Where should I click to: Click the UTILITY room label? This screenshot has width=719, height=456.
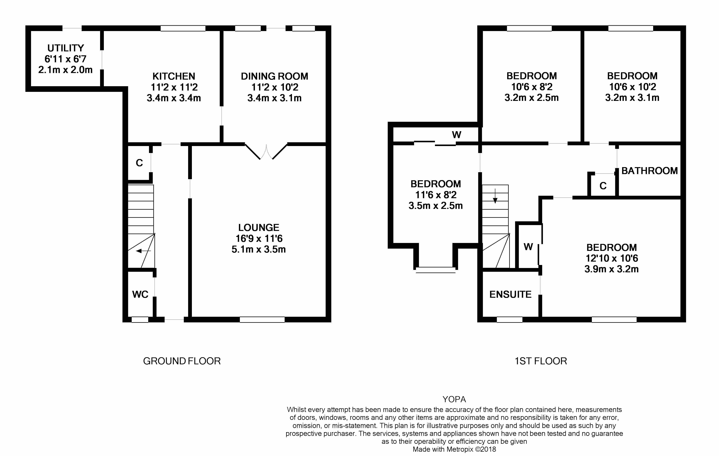[x=66, y=48]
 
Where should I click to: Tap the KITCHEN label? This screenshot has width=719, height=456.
[x=174, y=76]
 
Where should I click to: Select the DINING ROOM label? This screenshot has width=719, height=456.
[x=274, y=76]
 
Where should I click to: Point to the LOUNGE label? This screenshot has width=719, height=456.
[x=259, y=228]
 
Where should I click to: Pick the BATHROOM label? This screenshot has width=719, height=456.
[x=649, y=171]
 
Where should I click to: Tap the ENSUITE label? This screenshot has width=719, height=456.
[x=510, y=295]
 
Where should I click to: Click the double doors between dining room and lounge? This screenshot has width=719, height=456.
[x=266, y=152]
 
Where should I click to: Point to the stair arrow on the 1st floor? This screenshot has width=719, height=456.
[x=495, y=196]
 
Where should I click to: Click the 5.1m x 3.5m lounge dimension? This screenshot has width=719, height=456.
[x=259, y=249]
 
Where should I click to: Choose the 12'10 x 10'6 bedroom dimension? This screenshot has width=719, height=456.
[x=612, y=258]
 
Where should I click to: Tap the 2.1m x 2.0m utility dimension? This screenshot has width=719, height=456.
[x=65, y=70]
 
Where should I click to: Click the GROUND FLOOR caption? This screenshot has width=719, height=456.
[x=182, y=361]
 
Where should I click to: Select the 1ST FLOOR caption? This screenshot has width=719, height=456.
[x=541, y=361]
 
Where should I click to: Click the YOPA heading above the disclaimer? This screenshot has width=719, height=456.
[x=454, y=399]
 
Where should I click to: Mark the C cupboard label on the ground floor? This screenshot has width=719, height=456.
[x=139, y=163]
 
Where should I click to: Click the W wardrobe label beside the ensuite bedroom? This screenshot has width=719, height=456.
[x=528, y=247]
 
